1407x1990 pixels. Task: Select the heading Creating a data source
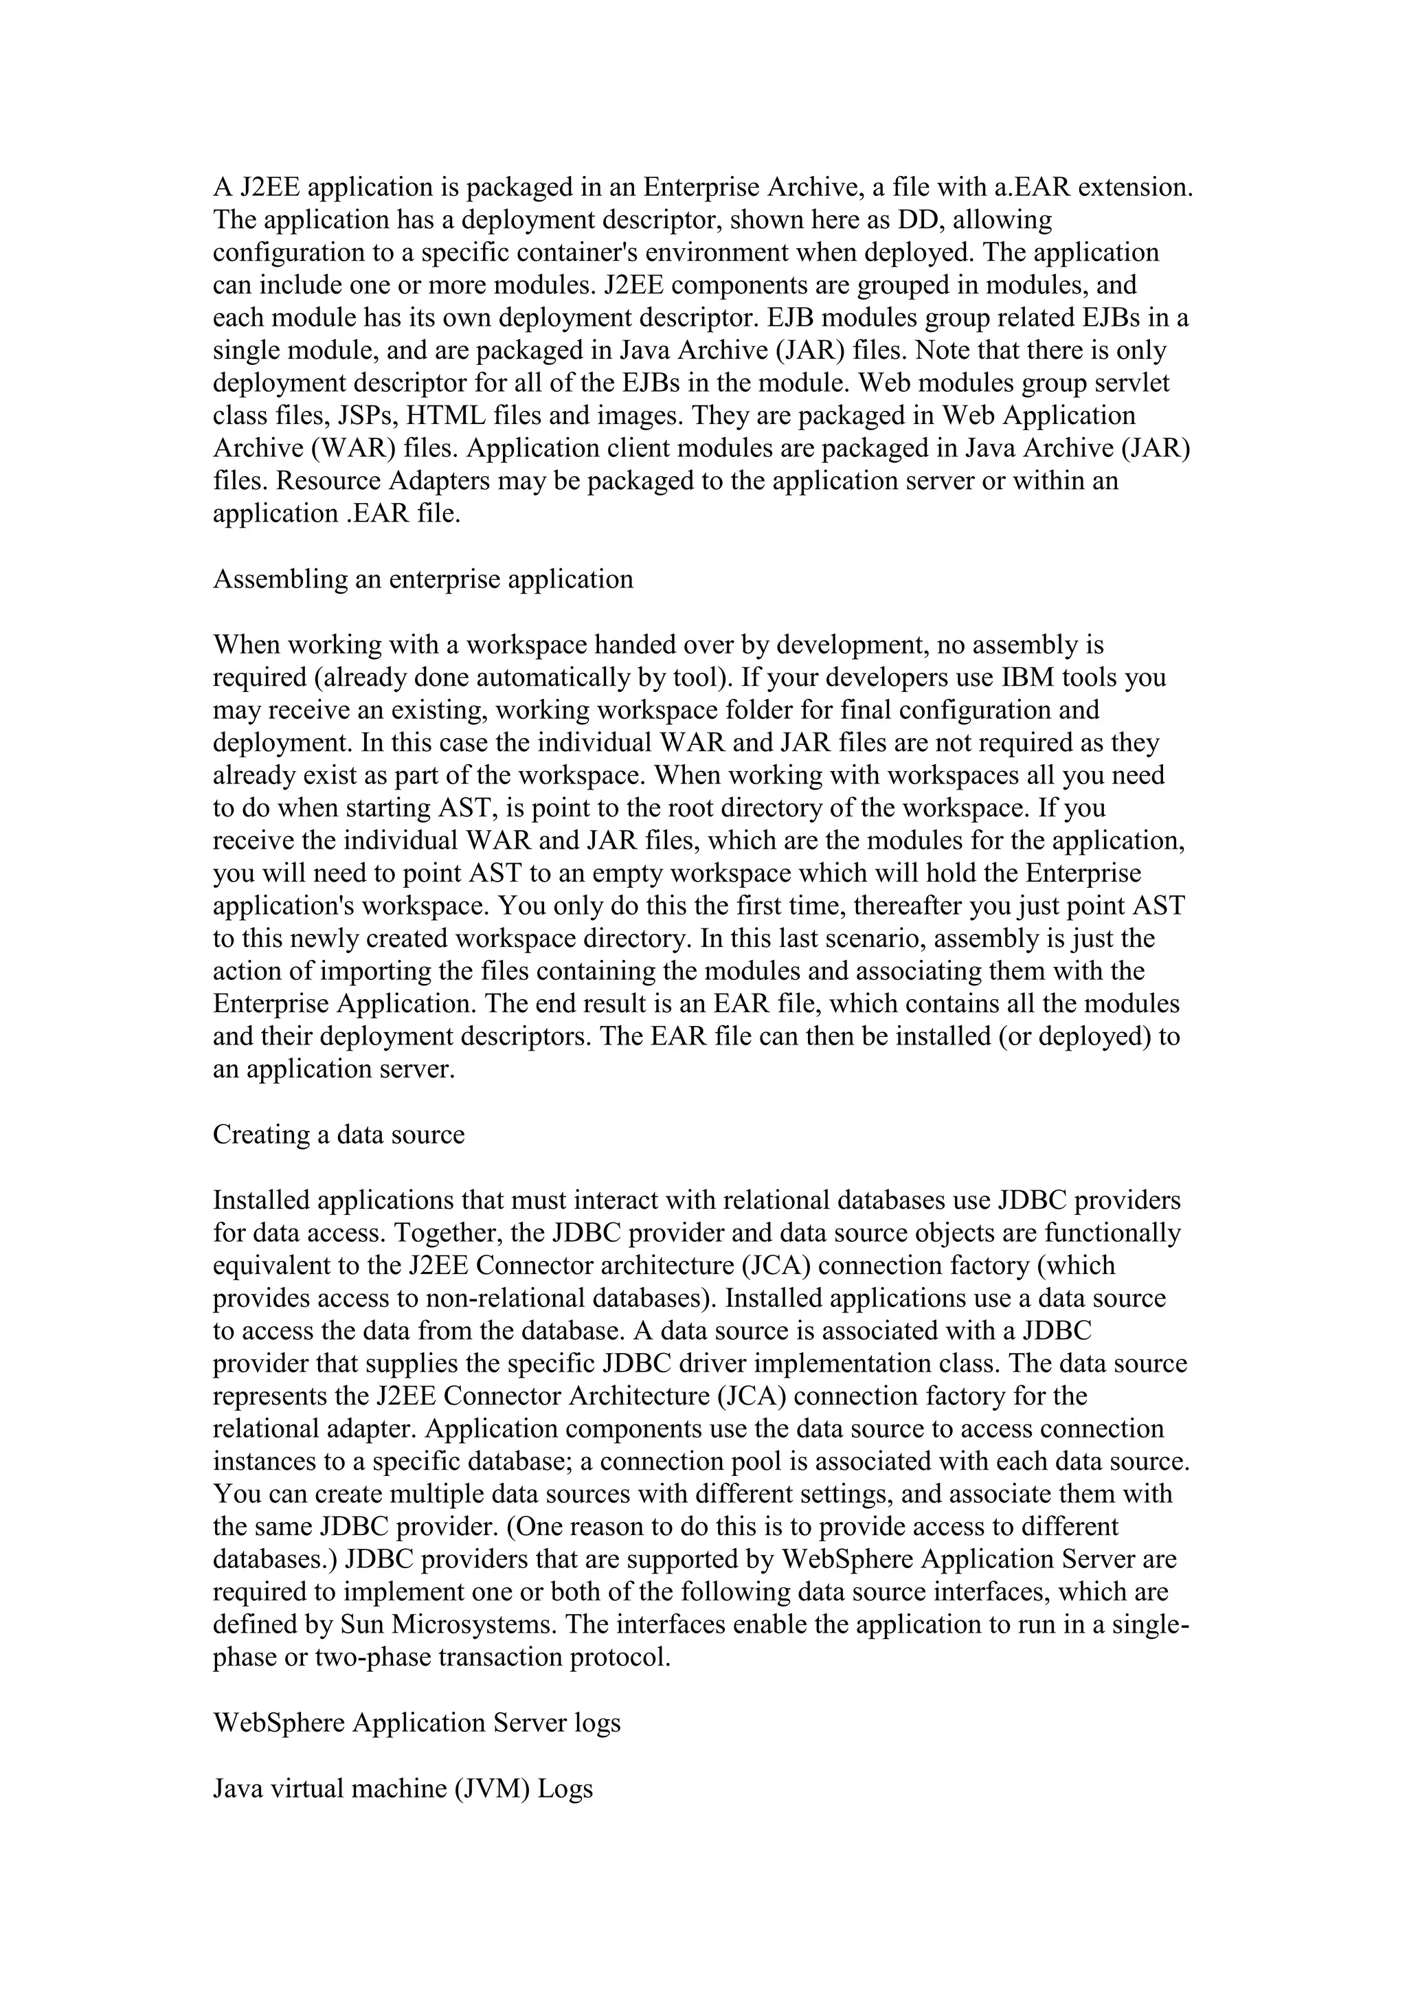tap(339, 1134)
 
